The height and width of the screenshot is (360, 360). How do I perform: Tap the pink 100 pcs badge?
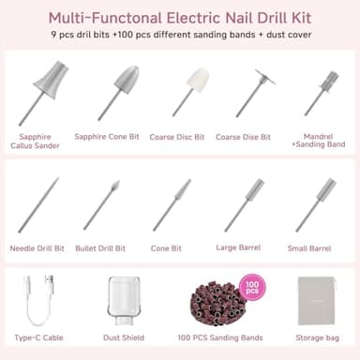coord(250,287)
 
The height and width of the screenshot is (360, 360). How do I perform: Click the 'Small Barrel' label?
coord(315,248)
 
